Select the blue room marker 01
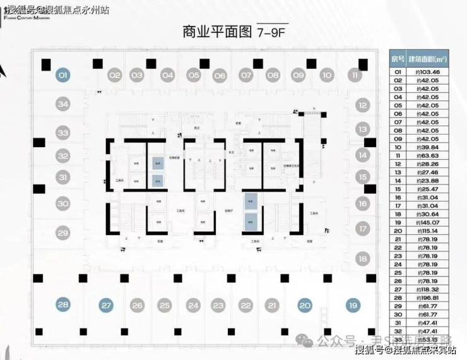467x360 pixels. (62, 75)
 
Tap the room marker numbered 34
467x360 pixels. (62, 104)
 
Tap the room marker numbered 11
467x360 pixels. (355, 75)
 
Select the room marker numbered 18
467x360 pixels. (362, 258)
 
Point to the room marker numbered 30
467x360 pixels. (62, 203)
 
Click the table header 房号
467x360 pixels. (396, 59)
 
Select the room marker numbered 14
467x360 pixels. (362, 154)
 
